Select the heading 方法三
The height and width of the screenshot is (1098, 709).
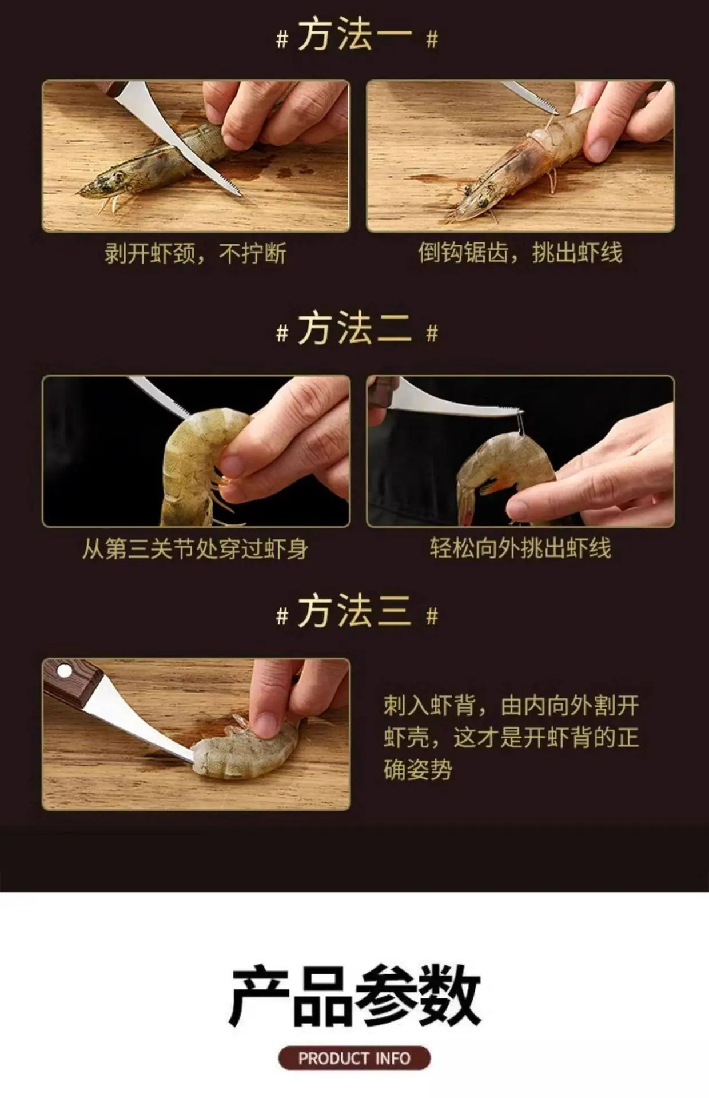pos(355,611)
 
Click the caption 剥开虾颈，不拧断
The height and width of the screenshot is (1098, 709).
pos(195,253)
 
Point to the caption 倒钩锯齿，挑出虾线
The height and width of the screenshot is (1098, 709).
pos(520,253)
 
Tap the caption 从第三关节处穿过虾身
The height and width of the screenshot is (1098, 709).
pos(195,549)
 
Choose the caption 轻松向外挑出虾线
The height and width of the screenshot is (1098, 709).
pos(520,548)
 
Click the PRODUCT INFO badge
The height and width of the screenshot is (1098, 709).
pos(354,1058)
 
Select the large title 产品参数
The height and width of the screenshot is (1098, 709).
pos(354,995)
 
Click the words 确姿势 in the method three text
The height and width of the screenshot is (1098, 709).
pos(417,770)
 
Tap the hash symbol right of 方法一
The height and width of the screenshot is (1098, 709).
pos(432,39)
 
